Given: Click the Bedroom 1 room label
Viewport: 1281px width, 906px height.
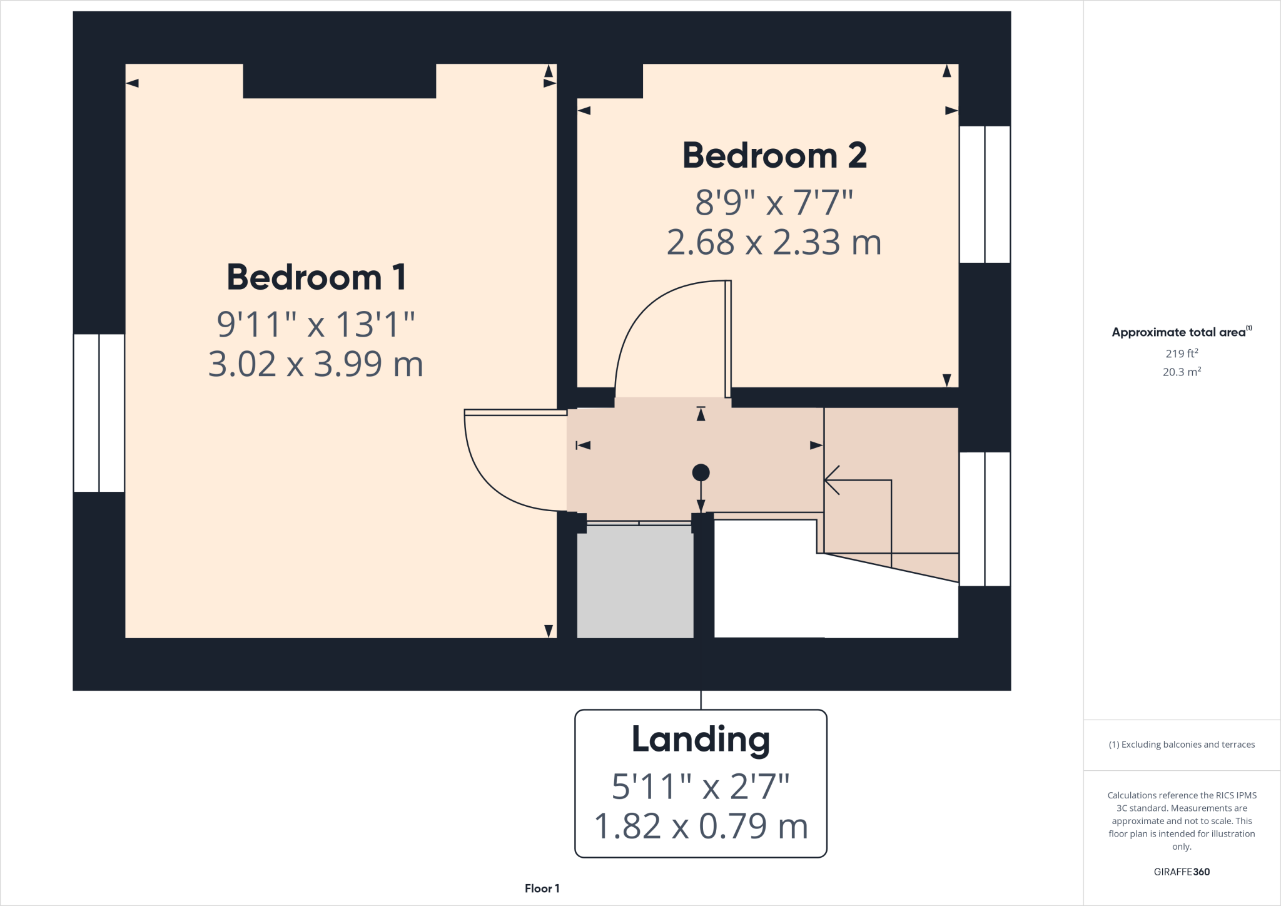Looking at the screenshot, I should (316, 277).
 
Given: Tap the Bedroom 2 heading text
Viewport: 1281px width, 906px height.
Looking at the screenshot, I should (774, 155).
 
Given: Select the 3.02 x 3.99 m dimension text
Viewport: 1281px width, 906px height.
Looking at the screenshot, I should (316, 364).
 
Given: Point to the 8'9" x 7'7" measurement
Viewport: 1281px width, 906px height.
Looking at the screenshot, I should (774, 203).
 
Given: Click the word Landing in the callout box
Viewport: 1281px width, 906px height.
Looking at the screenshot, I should (701, 740).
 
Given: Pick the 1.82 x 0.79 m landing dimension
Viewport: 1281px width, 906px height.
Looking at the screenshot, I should (701, 826).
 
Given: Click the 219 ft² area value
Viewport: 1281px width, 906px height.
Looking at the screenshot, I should (1182, 354).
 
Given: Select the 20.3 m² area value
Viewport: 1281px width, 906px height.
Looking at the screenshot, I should (1182, 372).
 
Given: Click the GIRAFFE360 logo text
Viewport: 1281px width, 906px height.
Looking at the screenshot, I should (1182, 872).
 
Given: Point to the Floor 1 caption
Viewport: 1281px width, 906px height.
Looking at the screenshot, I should (542, 888).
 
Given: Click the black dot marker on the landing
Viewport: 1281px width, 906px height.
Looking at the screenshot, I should (701, 472).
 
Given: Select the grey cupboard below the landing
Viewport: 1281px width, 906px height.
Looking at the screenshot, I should (635, 581).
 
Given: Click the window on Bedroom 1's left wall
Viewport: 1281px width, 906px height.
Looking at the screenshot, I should (99, 413).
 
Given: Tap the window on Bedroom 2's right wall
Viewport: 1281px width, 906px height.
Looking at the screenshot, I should (985, 194).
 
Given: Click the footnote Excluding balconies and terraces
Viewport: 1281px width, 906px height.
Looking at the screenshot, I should (1182, 745).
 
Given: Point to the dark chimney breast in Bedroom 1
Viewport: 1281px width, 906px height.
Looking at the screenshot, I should (339, 81).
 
